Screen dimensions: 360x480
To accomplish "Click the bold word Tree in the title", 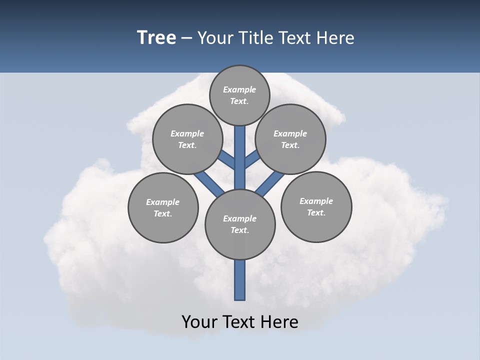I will [156, 38].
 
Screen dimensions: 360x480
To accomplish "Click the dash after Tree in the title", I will [186, 38].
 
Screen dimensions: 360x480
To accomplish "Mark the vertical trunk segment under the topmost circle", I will [240, 150].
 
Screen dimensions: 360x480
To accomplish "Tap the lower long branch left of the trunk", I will [209, 182].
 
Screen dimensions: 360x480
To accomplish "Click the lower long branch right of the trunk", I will [270, 183].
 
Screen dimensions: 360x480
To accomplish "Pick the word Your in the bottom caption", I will [199, 322].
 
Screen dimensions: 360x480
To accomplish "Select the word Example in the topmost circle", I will [239, 89].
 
